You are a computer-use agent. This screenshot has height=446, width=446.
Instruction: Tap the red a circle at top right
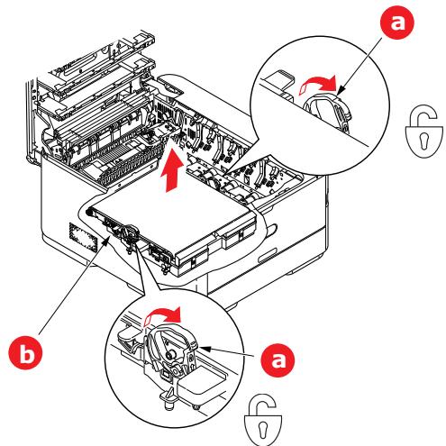tap(397, 22)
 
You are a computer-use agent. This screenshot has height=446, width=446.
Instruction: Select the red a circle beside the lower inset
tap(278, 360)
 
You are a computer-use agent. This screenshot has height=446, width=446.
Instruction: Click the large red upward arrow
tap(172, 169)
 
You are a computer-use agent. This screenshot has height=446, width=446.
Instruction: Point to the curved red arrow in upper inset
tap(318, 83)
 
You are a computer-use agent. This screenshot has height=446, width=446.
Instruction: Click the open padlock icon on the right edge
tap(424, 131)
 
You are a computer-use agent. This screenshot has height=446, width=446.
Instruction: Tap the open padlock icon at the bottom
tap(263, 421)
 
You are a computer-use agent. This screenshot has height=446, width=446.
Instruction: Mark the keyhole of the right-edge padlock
tap(424, 141)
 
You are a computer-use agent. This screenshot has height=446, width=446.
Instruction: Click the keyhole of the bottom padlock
tap(263, 430)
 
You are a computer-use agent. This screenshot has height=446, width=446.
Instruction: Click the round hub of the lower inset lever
tap(169, 355)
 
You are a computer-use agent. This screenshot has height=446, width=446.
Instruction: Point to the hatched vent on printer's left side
tap(83, 236)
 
